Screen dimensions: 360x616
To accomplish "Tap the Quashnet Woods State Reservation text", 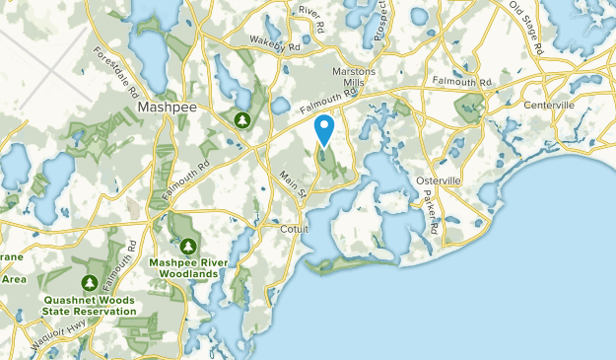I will [x=89, y=304].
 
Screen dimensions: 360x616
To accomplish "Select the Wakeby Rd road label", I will [x=274, y=43].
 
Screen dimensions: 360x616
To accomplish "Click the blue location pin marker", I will [x=323, y=129].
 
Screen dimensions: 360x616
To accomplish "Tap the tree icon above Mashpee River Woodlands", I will [x=187, y=246].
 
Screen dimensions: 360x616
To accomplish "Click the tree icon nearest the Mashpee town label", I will [x=241, y=120].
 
